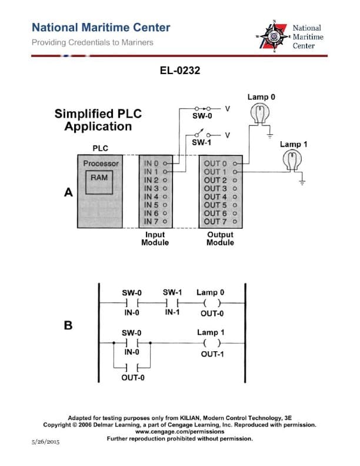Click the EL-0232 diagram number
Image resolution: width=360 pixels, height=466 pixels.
point(180,71)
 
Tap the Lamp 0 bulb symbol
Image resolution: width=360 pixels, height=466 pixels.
point(259,112)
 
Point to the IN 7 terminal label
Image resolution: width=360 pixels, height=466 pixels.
point(152,221)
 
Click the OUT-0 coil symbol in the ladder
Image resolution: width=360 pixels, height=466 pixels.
point(211,303)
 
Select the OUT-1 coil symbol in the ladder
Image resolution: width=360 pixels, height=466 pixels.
point(211,343)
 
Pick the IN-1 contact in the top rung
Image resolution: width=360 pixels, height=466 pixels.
point(172,303)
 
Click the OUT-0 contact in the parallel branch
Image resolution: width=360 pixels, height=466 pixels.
point(133,368)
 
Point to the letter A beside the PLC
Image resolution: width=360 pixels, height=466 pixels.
point(68,192)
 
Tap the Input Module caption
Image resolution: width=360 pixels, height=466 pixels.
point(155,238)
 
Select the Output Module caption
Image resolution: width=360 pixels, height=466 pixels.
point(220,238)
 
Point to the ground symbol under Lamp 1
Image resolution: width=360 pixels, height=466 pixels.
point(302,182)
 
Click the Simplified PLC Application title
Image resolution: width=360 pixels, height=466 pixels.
point(98,120)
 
